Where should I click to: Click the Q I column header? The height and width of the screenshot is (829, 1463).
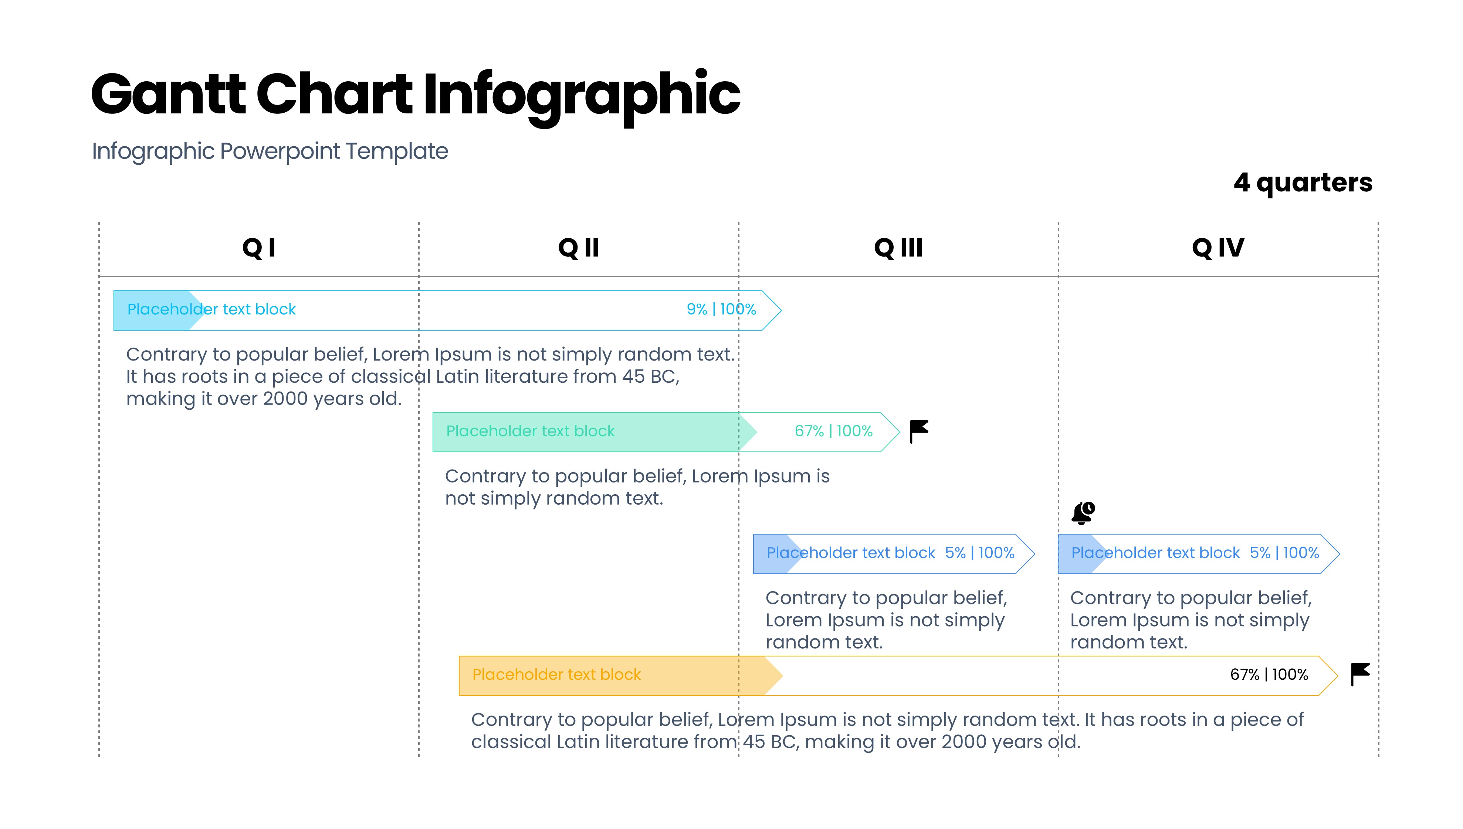[259, 248]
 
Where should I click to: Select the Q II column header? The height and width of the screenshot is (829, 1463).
[578, 248]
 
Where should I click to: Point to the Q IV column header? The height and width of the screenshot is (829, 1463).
[1218, 248]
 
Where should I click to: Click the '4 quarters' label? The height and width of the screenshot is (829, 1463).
[1303, 183]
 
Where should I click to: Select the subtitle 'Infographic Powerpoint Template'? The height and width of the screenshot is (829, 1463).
[270, 151]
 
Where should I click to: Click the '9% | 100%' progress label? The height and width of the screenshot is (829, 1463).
[721, 309]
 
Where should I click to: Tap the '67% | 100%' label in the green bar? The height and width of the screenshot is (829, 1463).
[833, 431]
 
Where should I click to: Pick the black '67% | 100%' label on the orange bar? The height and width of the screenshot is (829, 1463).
[1269, 675]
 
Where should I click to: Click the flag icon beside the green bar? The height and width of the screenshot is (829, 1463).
[919, 431]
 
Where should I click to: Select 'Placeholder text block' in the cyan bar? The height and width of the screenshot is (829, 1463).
[211, 309]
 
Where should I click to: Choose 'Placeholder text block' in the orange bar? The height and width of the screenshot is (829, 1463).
[556, 675]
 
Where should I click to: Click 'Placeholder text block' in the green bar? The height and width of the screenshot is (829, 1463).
[531, 431]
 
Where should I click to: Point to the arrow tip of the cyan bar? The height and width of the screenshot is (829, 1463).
[781, 310]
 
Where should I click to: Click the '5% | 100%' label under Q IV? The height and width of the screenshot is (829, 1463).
[1285, 553]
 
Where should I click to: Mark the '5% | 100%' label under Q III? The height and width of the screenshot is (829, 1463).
[980, 553]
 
